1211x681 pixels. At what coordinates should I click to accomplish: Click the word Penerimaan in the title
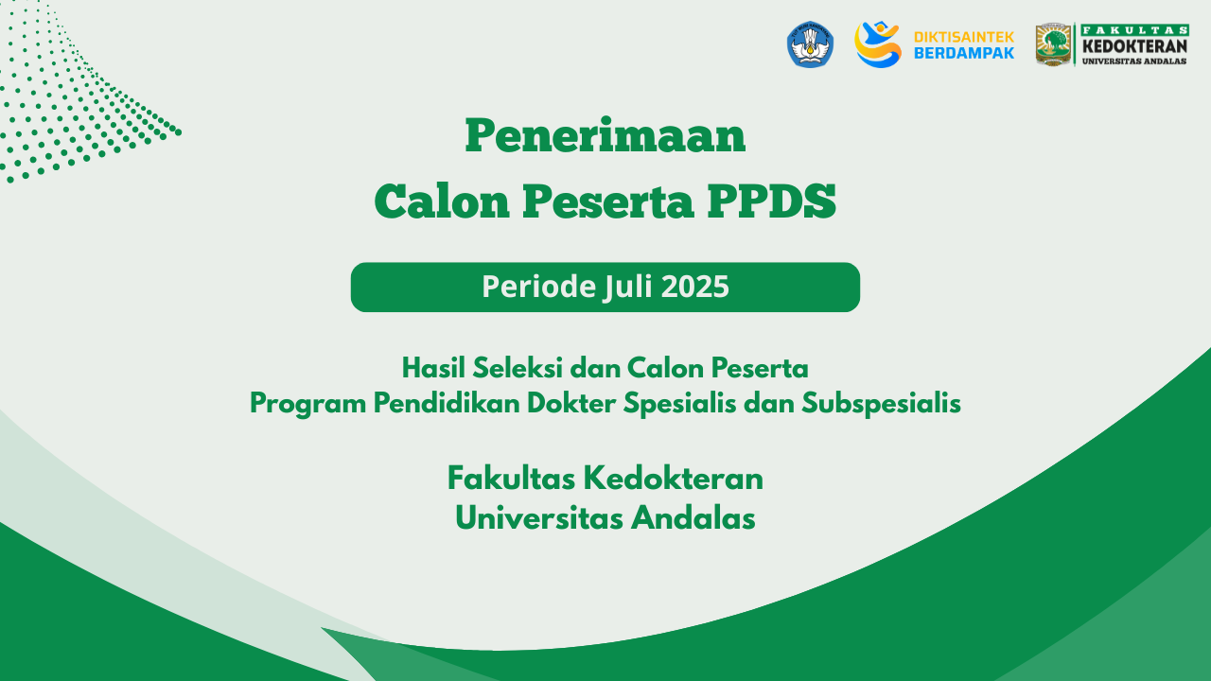click(x=605, y=135)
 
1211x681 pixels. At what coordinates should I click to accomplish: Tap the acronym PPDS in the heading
click(x=771, y=201)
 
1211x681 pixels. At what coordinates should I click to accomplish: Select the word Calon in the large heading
click(x=442, y=201)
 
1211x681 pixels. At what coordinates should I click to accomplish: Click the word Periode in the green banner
click(x=538, y=287)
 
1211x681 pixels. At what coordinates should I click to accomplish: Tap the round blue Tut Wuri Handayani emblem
click(x=810, y=44)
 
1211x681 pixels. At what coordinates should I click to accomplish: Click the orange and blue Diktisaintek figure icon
click(x=877, y=44)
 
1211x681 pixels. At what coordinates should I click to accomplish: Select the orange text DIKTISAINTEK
click(x=963, y=37)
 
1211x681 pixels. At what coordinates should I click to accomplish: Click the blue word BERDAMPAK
click(x=963, y=53)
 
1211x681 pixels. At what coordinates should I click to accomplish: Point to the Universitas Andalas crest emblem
click(x=1053, y=44)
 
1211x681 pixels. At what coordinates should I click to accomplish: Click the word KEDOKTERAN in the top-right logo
click(x=1134, y=46)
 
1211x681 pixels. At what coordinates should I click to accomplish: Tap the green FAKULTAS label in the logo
click(x=1134, y=30)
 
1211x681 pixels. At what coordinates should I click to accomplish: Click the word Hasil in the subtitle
click(x=433, y=369)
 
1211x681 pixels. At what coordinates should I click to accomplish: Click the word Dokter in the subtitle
click(x=571, y=403)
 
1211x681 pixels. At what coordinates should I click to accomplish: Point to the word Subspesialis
click(x=881, y=404)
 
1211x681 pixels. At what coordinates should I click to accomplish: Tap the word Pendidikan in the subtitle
click(x=447, y=403)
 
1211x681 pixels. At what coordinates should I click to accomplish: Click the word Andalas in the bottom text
click(x=693, y=518)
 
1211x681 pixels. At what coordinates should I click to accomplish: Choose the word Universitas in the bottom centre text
click(x=539, y=518)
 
